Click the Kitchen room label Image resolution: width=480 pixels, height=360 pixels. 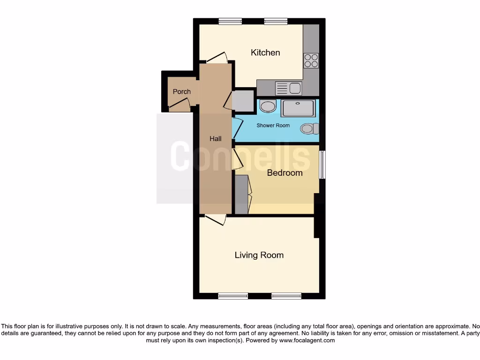point(265,52)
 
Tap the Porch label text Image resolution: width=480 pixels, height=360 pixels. point(181,91)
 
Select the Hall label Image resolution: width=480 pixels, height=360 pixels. point(215,139)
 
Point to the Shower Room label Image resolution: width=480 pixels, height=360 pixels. point(273,126)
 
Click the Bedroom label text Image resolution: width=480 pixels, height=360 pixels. point(285,172)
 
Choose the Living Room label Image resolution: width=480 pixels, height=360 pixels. point(259,255)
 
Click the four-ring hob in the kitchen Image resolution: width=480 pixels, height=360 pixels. point(311,61)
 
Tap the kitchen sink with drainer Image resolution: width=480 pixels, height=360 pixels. point(289,88)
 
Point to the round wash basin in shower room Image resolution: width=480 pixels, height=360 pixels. point(268,106)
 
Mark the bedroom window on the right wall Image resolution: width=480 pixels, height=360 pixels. point(322,165)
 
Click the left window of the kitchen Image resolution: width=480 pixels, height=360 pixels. point(230,21)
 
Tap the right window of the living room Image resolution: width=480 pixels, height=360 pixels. point(286,296)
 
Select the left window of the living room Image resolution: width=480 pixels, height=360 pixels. point(233,296)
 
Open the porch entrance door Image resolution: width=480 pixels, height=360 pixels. point(180,107)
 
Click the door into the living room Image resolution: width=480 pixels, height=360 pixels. point(215,219)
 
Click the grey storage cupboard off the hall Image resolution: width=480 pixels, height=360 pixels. point(243,100)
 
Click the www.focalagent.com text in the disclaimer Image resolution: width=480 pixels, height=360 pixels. point(307,340)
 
